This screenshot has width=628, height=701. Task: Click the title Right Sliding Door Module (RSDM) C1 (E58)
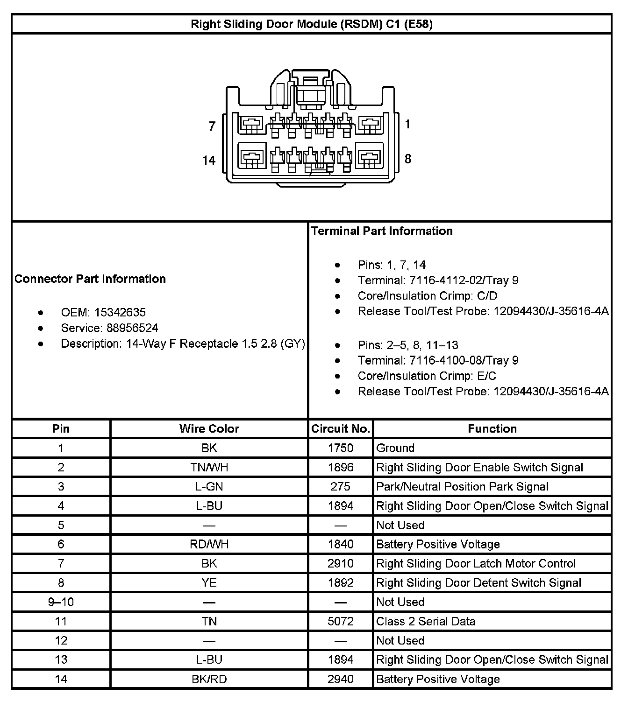(312, 24)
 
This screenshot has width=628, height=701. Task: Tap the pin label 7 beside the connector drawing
(212, 126)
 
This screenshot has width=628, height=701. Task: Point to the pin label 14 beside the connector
(208, 161)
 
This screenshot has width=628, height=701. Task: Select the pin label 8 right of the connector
(408, 159)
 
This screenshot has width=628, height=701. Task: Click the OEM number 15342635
(120, 312)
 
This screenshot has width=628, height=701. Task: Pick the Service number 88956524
(132, 328)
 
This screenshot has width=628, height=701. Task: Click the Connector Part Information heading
(90, 279)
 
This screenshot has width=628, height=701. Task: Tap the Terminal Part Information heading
(382, 231)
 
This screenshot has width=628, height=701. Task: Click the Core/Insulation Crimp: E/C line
(427, 376)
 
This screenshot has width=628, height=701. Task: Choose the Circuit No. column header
(341, 429)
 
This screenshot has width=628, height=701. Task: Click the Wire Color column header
(209, 429)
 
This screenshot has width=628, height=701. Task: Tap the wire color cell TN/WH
(209, 468)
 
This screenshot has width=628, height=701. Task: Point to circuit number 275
(340, 487)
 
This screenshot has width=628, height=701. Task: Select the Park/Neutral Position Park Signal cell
(462, 487)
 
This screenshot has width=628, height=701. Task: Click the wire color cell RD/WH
(209, 544)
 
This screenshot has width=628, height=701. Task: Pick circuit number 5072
(340, 621)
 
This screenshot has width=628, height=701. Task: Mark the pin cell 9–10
(61, 602)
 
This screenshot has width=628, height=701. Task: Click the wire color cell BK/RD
(209, 679)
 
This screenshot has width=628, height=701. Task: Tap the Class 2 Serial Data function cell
(426, 621)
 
